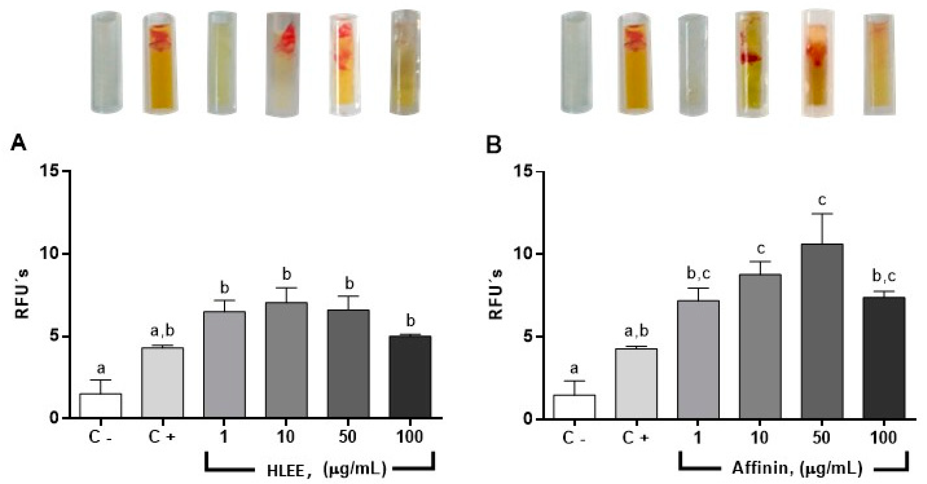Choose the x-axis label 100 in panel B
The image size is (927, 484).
coord(883,438)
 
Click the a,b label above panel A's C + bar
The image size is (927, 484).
coord(162,331)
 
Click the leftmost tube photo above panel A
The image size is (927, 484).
coord(106,62)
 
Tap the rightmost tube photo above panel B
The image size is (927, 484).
coord(878,65)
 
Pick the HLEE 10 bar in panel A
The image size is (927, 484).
coord(286,360)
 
